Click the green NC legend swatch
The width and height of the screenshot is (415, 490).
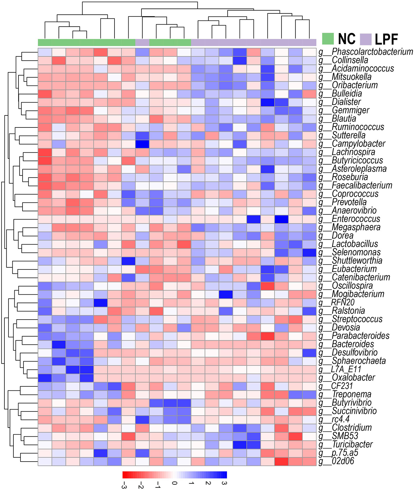tap(328, 39)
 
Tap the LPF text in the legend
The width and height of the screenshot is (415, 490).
tap(387, 39)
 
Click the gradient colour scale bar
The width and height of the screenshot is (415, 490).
tap(175, 474)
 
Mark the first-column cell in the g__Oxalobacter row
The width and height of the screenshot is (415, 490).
tap(45, 378)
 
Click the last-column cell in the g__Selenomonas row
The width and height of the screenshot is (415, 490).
tap(309, 252)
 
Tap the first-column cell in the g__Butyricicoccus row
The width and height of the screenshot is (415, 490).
tap(45, 161)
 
